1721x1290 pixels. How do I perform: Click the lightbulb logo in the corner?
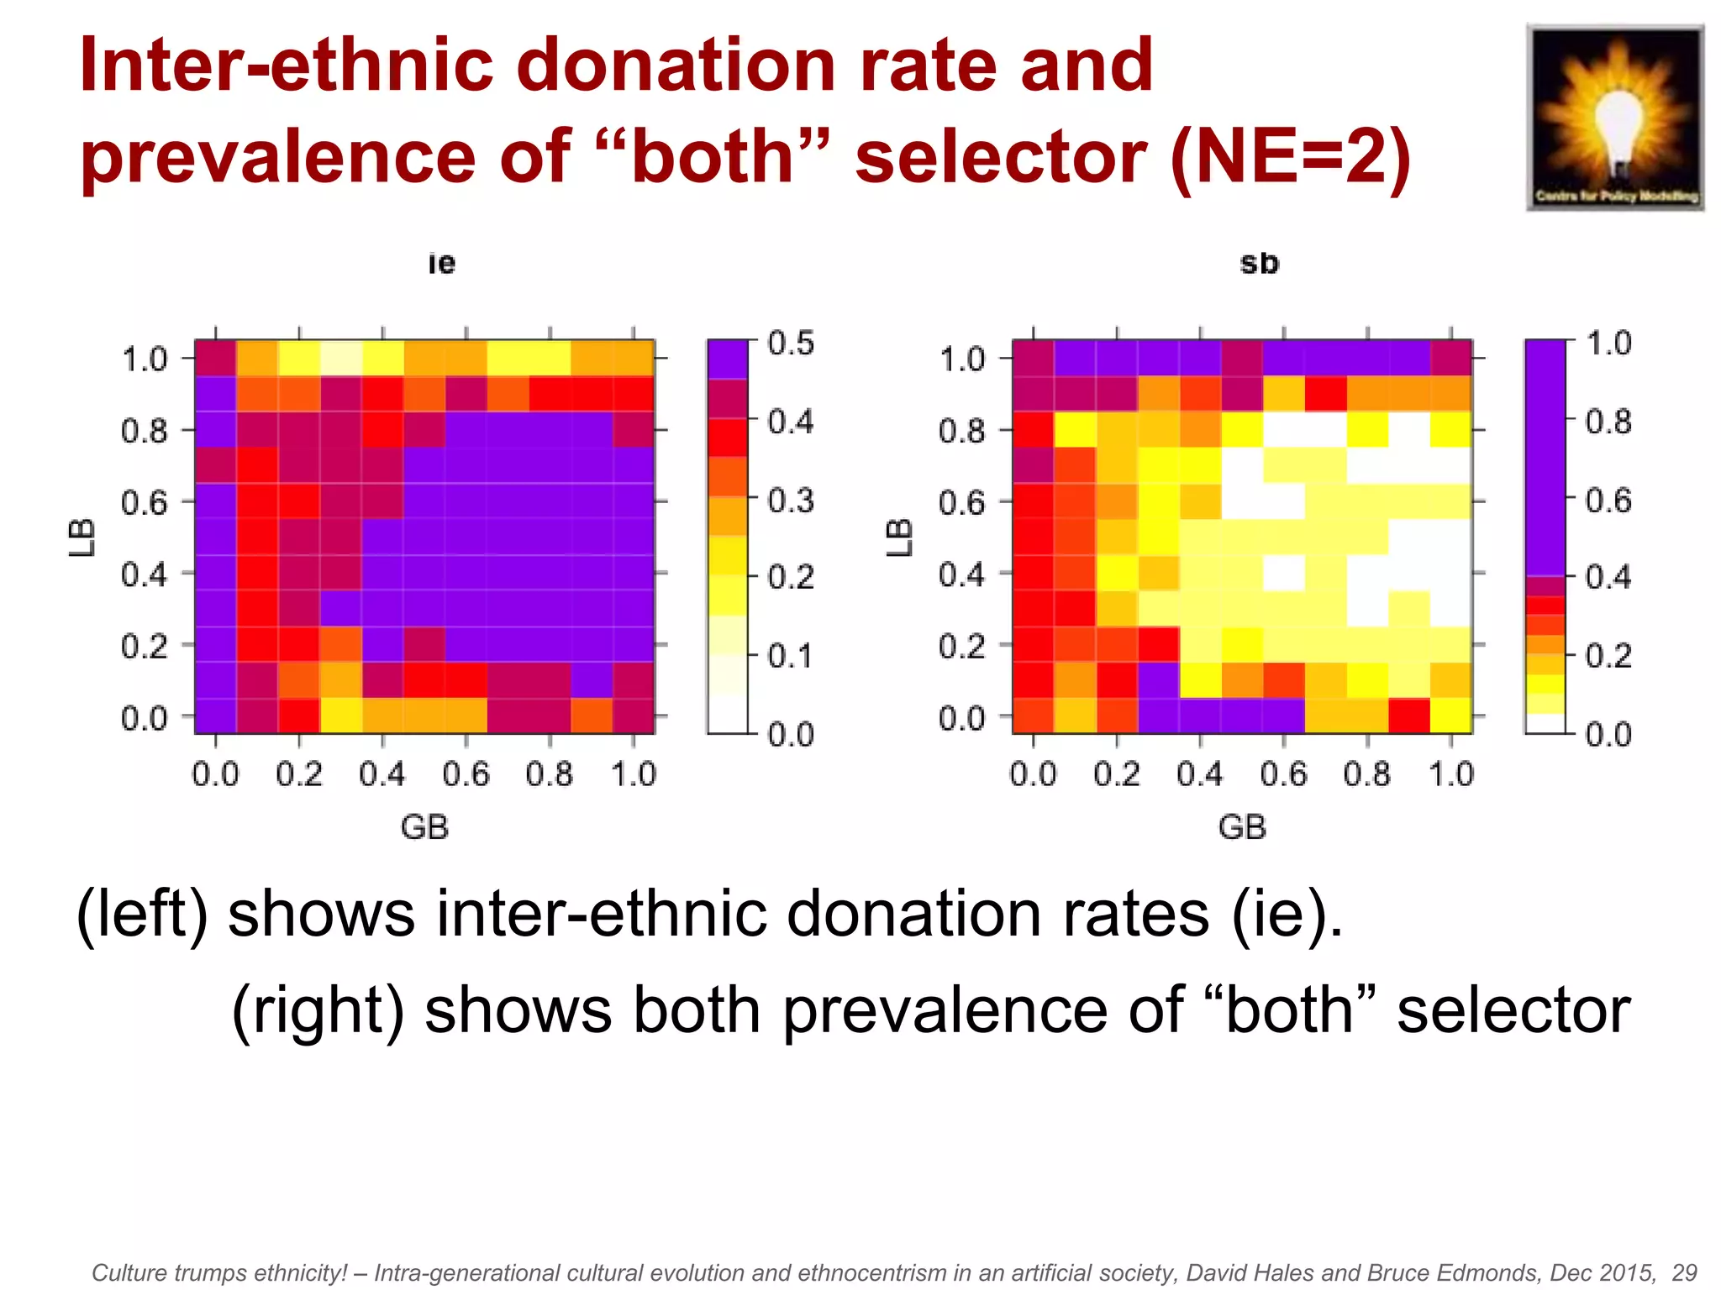[x=1614, y=118]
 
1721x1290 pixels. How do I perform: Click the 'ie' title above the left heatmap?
[x=441, y=263]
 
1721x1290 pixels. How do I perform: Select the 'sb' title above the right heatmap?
[x=1259, y=263]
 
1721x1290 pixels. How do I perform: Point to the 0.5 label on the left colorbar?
[x=791, y=343]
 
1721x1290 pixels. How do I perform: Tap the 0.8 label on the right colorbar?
[x=1608, y=422]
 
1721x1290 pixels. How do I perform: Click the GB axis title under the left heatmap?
[x=424, y=827]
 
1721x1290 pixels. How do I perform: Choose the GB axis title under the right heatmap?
[x=1242, y=827]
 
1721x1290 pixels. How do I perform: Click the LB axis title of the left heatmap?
[x=82, y=537]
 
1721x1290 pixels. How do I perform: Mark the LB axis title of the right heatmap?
[x=899, y=537]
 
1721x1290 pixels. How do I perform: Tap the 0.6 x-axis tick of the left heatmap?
[x=466, y=773]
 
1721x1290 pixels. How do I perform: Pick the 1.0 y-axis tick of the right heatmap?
[x=962, y=359]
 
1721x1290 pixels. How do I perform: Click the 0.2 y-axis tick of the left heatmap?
[x=145, y=647]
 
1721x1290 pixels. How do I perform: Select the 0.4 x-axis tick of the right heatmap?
[x=1200, y=773]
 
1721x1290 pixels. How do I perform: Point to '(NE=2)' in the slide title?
[x=1289, y=157]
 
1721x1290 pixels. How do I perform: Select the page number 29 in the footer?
[x=1684, y=1272]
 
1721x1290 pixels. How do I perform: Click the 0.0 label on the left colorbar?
[x=791, y=735]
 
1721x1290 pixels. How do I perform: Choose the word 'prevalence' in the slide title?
[x=278, y=157]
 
